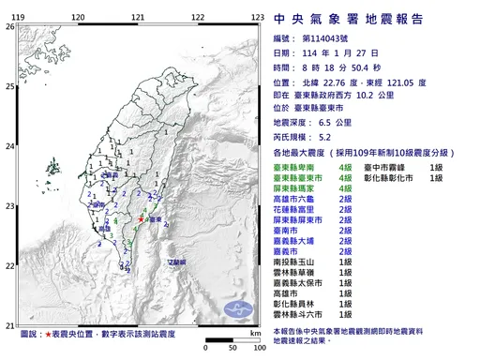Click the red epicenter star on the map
[x=141, y=219]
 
